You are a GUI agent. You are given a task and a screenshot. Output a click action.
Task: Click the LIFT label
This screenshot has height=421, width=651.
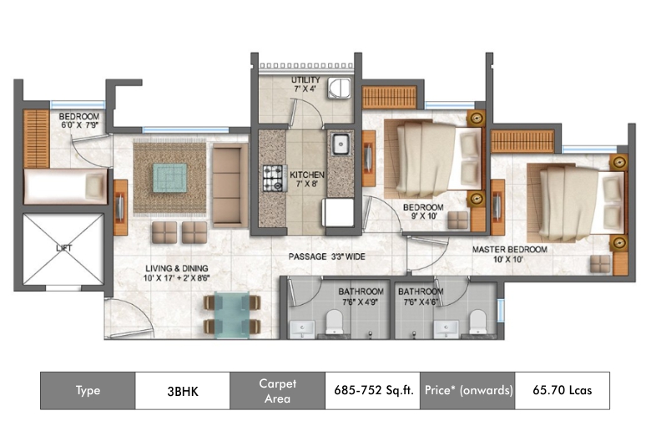(x=64, y=248)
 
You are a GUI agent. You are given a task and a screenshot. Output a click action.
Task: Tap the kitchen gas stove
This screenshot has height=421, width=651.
(x=275, y=178)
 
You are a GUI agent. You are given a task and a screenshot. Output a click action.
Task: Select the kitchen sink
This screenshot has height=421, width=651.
(x=341, y=145)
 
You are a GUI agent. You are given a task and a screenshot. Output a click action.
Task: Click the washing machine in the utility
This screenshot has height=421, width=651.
(x=339, y=88)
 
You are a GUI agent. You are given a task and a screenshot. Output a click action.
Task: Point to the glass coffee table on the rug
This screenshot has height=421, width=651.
(x=169, y=178)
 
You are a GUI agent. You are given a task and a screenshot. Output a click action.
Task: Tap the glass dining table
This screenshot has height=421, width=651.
(x=232, y=315)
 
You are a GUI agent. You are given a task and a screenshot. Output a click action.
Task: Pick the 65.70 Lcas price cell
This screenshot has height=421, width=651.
(x=563, y=390)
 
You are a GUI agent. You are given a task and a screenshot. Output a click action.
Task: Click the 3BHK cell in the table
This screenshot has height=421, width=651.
(x=183, y=391)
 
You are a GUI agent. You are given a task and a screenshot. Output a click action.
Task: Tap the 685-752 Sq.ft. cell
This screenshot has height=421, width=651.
(x=373, y=390)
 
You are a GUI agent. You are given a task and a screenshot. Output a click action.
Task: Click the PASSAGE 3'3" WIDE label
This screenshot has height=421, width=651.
(x=326, y=256)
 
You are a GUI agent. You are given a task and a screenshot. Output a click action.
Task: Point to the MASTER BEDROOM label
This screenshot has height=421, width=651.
(x=509, y=250)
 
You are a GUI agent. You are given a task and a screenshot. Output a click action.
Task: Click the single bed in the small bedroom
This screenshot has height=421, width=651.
(x=66, y=186)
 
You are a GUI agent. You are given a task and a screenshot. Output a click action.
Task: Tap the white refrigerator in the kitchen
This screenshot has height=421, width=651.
(x=338, y=212)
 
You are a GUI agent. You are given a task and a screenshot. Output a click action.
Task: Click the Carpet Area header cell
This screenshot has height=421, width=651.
(x=277, y=391)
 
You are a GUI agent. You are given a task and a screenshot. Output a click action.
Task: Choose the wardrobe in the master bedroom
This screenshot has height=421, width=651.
(x=522, y=141)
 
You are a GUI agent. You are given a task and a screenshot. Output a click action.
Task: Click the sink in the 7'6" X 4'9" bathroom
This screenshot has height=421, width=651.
(x=302, y=330)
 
